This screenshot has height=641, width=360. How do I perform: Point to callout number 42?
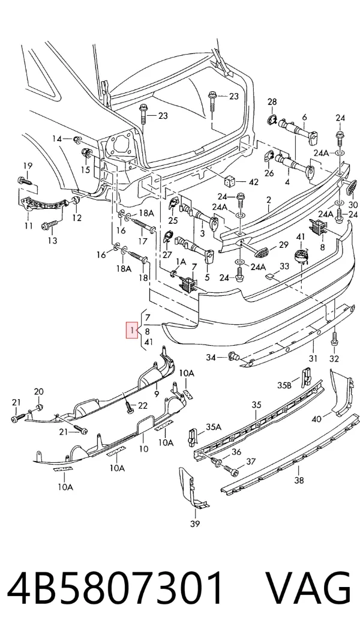point(253,182)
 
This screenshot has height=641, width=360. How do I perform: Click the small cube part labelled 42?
point(228,181)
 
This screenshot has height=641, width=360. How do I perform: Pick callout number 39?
point(195,524)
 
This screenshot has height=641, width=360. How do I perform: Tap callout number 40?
point(316,418)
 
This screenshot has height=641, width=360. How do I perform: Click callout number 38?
point(299,480)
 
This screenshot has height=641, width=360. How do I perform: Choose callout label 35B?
point(284,385)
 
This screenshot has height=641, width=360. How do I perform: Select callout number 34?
point(211,358)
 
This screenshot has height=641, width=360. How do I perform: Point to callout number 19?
point(28,166)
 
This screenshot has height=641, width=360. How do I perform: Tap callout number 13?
point(52,241)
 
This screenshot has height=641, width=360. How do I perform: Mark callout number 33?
point(284,266)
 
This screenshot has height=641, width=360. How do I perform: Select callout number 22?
point(142,405)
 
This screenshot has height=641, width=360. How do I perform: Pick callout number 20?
point(38,392)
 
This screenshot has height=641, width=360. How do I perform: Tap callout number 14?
point(57,139)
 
